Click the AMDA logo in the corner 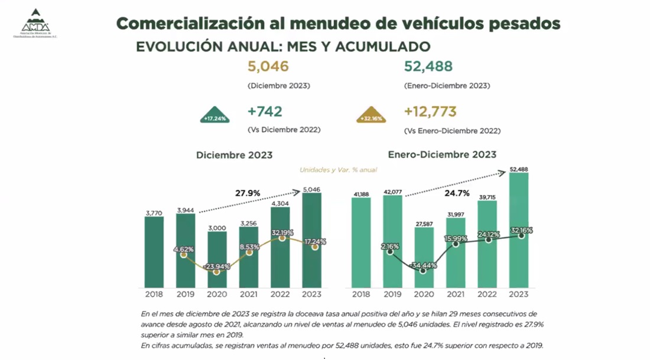(x=35, y=24)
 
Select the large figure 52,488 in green (x=428, y=66)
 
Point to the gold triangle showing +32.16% (x=371, y=116)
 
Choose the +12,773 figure (x=431, y=112)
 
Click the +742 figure (x=265, y=112)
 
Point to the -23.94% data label (x=216, y=267)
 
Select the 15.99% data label (x=455, y=238)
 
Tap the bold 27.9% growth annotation (x=248, y=193)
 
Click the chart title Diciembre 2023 (x=235, y=155)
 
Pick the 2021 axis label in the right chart (x=454, y=293)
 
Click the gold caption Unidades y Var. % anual (x=338, y=170)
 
